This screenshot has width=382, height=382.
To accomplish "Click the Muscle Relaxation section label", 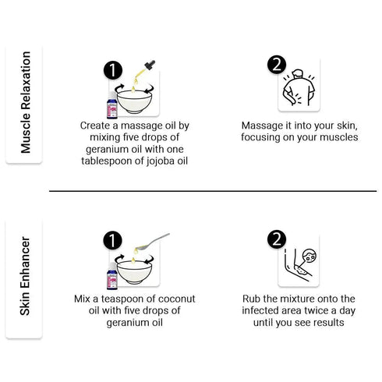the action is point(26,102).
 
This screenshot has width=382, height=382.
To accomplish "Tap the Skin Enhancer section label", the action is point(25,276).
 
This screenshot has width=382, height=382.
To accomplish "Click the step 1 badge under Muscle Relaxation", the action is point(113,70).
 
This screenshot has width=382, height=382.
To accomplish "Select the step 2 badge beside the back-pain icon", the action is point(277,65).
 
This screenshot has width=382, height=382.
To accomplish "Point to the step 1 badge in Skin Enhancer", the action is point(112,241).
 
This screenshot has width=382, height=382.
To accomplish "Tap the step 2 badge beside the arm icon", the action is point(277,239).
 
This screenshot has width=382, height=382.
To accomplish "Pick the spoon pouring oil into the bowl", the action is point(153,242).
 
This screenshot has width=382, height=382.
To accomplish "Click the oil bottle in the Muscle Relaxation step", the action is point(112,105).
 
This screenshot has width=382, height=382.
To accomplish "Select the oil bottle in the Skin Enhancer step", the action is point(112,276).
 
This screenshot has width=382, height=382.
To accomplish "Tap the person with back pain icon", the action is point(299,87).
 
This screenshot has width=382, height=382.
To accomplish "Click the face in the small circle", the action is point(310,256).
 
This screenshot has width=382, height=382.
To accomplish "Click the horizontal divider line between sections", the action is point(213,191).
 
